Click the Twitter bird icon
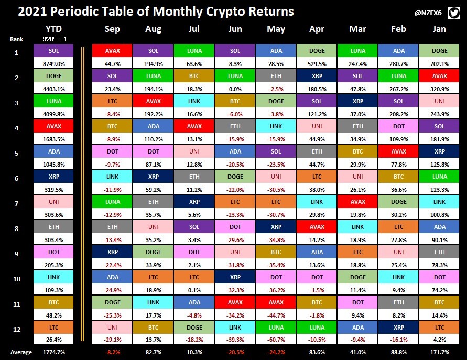454,13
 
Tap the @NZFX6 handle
428,13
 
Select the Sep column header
112,29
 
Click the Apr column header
317,29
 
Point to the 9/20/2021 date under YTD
54,39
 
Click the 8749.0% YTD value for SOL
53,64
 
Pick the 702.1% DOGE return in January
439,64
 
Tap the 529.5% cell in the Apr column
317,64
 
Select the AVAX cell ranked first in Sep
112,51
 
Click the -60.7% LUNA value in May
276,340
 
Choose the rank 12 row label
17,329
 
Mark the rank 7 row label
17,204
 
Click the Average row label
21,352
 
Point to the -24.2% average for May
276,352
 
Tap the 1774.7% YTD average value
53,352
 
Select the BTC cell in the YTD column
53,302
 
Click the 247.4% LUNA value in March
357,64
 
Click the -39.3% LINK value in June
235,340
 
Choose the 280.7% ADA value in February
398,64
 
